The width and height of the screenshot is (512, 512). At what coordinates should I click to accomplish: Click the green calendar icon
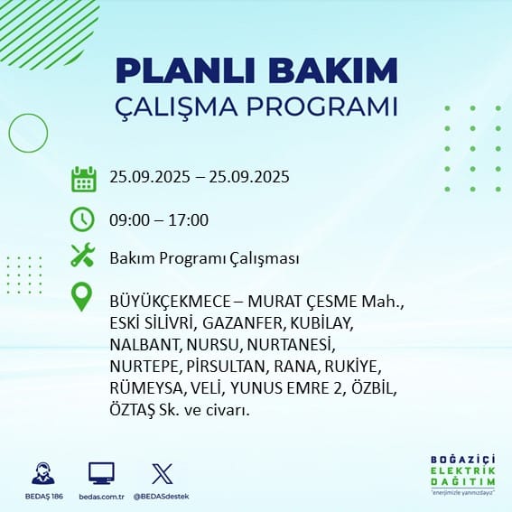[x=84, y=179]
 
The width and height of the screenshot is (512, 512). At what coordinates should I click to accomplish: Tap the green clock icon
[x=82, y=219]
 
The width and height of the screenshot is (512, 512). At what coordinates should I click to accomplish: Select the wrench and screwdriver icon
[x=83, y=255]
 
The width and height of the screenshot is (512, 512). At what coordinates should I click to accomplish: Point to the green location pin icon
[x=81, y=296]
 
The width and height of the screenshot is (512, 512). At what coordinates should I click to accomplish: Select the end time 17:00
[x=189, y=220]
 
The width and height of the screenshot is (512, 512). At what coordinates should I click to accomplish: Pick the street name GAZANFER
[x=242, y=323]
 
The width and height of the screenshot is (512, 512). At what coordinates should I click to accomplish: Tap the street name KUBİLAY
[x=321, y=323]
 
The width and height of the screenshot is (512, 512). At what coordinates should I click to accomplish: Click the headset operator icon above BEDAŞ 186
[x=43, y=473]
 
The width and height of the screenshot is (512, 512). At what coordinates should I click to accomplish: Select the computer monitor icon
[x=101, y=473]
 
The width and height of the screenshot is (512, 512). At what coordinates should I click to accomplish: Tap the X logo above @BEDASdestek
[x=163, y=474]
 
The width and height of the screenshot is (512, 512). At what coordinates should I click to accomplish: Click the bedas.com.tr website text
[x=101, y=497]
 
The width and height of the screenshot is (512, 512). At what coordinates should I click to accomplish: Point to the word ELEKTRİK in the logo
[x=462, y=470]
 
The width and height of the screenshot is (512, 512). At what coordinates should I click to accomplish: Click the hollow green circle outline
[x=9, y=134]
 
